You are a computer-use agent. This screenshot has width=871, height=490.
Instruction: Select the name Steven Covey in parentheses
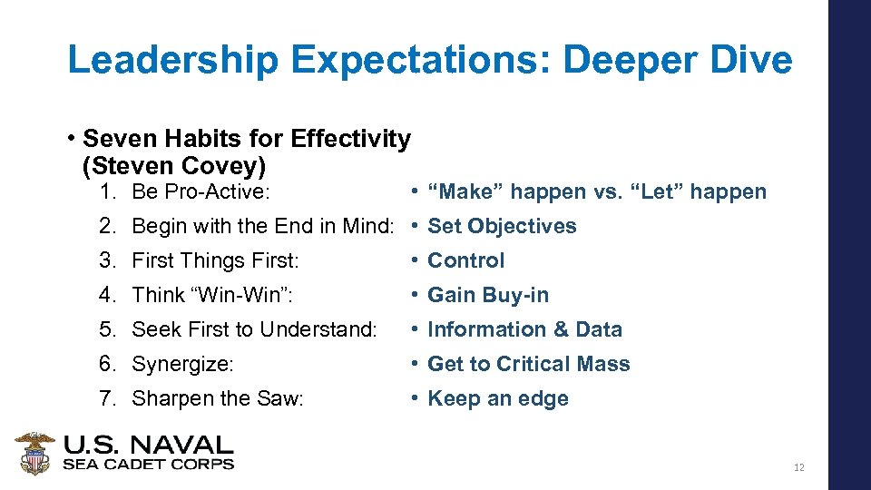[174, 167]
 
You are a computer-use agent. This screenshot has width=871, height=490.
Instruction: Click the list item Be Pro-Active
[201, 191]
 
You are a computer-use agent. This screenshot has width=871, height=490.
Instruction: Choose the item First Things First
[215, 260]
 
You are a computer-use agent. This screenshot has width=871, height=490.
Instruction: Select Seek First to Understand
[254, 329]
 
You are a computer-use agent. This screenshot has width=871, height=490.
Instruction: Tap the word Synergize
[183, 364]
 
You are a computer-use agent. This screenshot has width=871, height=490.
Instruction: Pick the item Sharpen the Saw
[218, 398]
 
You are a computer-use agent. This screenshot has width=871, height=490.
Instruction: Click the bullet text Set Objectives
[502, 226]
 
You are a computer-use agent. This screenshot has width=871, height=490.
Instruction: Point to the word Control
[465, 260]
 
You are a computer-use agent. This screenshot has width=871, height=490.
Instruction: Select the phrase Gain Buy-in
[488, 295]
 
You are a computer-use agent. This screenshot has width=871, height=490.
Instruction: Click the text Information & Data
[524, 329]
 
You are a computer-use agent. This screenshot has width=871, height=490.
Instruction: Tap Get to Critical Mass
[528, 364]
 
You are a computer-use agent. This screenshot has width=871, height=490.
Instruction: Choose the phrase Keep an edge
[498, 398]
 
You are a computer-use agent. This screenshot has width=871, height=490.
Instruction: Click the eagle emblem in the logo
[35, 453]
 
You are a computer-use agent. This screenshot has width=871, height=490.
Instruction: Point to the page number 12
[798, 468]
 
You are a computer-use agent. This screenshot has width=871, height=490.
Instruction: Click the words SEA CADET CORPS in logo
[148, 464]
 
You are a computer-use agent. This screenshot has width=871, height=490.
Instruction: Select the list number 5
[106, 329]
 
